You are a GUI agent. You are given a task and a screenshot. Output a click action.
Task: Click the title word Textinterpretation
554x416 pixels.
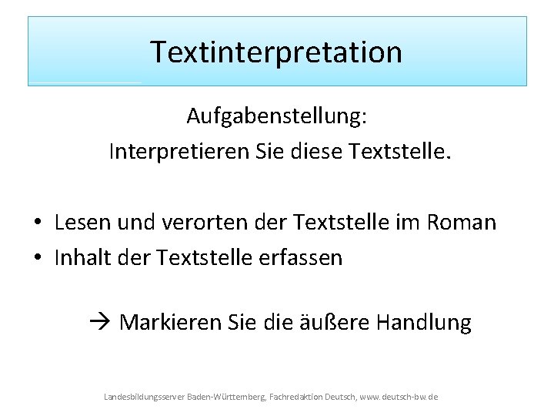point(276,52)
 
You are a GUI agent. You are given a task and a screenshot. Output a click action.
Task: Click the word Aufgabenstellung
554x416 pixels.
point(276,117)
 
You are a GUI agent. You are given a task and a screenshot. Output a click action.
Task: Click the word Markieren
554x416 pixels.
point(170,322)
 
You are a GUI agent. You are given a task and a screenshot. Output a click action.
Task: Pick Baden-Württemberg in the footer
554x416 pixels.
point(225,396)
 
